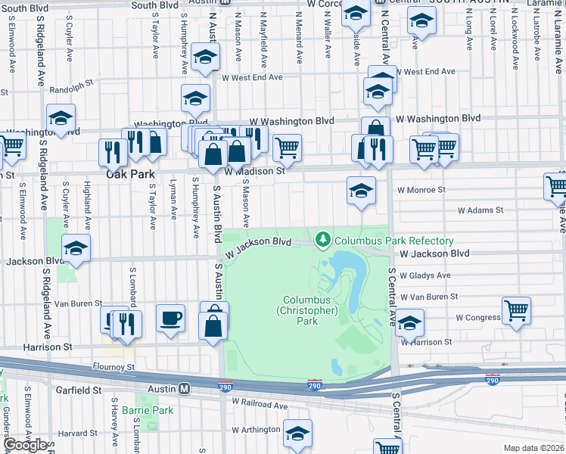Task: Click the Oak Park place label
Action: click(x=130, y=173)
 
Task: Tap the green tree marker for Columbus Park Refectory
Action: click(x=324, y=240)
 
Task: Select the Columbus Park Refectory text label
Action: click(x=394, y=241)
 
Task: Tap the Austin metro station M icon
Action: click(x=184, y=388)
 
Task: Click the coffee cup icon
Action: click(x=170, y=317)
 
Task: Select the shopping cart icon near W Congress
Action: click(x=516, y=308)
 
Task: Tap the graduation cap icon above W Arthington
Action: click(x=298, y=433)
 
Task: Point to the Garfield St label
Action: click(x=77, y=390)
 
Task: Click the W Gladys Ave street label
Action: click(x=425, y=275)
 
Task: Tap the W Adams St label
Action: click(x=480, y=211)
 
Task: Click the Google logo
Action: click(x=26, y=445)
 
